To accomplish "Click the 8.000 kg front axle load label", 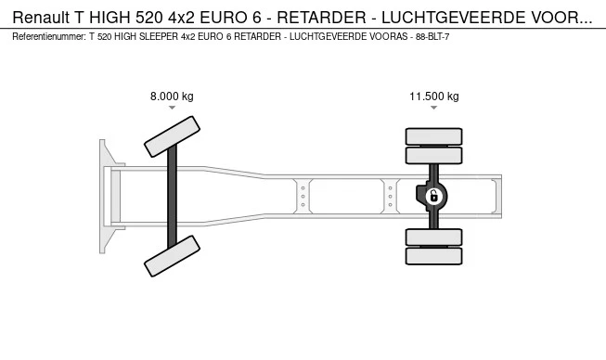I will coord(172,96).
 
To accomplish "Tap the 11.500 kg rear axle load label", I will coord(434,96).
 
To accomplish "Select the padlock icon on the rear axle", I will coord(433,196).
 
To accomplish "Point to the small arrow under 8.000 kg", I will coord(172,109).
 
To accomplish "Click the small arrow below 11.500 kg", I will coord(434,109).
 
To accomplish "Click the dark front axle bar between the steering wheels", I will coord(172,196).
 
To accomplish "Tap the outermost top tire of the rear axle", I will coord(433,136).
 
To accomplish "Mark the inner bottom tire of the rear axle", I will coord(433,237).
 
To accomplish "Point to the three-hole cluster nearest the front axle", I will coord(302,197).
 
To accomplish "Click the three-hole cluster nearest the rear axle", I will coord(391,197).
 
